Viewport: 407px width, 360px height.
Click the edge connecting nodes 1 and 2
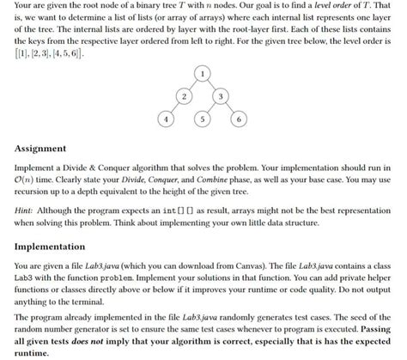pyautogui.click(x=194, y=87)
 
